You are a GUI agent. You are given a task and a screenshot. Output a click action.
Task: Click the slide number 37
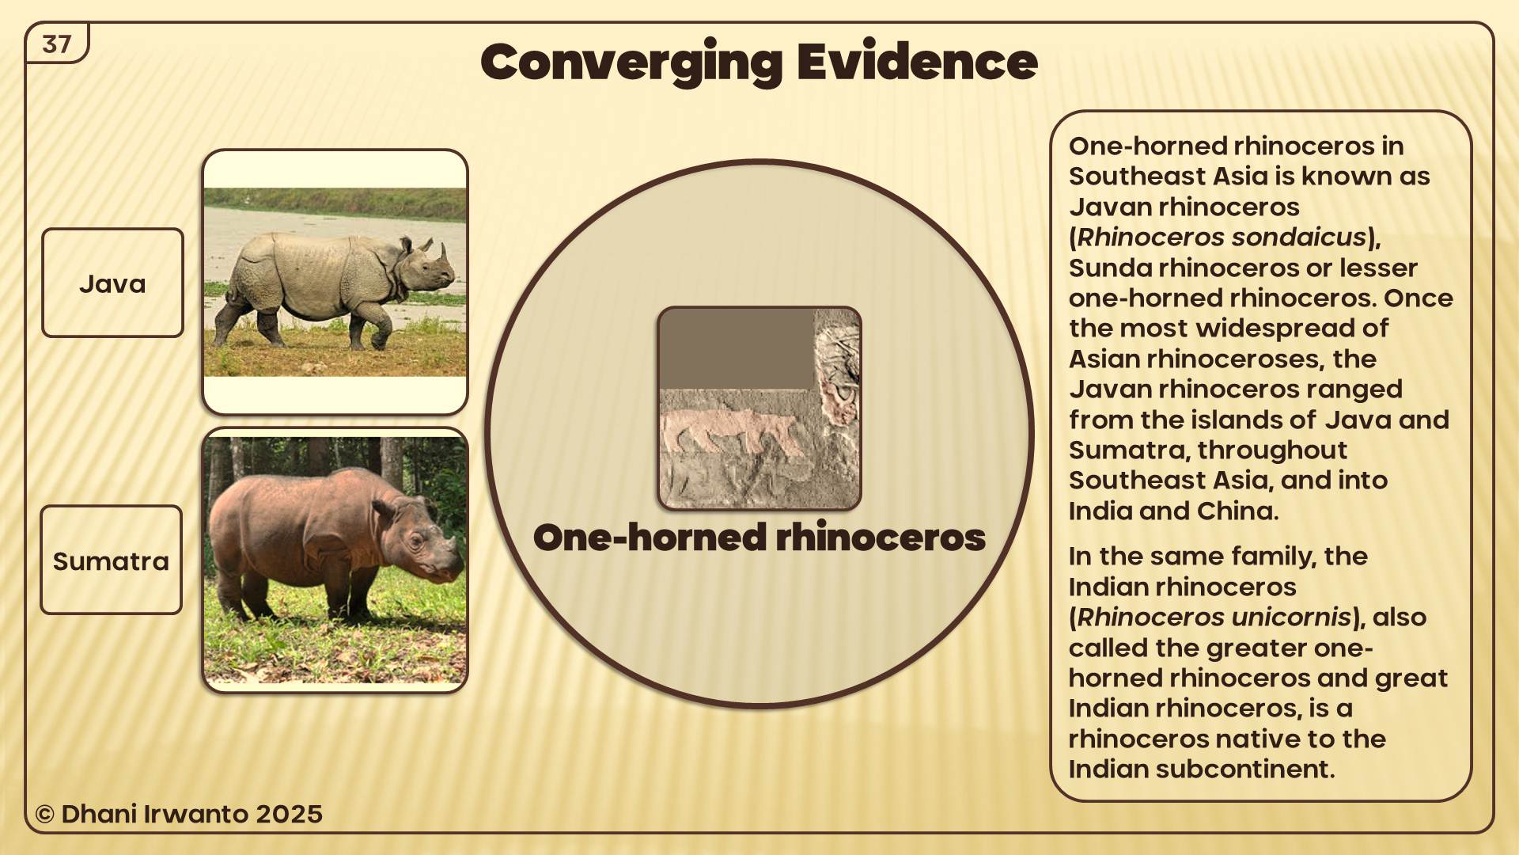(x=57, y=44)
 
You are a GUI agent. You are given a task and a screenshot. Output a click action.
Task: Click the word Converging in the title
(x=631, y=63)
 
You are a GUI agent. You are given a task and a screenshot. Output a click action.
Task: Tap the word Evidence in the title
(x=917, y=61)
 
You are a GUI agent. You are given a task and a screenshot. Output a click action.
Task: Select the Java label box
(x=112, y=283)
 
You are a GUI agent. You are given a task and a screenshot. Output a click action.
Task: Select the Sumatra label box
(x=111, y=560)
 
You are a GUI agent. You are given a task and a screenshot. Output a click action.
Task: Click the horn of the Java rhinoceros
(x=444, y=253)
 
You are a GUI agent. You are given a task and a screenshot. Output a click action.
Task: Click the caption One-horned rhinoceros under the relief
(x=759, y=538)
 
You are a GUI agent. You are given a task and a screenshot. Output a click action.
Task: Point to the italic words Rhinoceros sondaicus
(x=1222, y=237)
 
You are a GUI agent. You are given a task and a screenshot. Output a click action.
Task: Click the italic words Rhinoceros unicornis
(x=1214, y=617)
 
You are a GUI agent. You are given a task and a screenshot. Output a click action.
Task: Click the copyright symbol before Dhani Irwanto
(x=44, y=815)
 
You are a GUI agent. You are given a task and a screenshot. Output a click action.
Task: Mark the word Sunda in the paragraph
(x=1110, y=268)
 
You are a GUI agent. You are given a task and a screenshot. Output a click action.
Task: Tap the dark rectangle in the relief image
(x=737, y=349)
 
